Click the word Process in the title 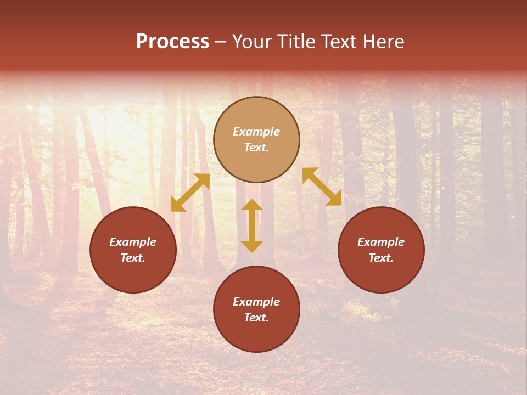(x=172, y=42)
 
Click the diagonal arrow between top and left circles (x=190, y=193)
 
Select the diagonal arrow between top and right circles (x=322, y=187)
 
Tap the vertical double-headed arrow (x=252, y=225)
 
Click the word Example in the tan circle (x=256, y=132)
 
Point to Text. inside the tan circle (x=256, y=148)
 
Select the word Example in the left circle (x=133, y=242)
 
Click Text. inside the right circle (x=381, y=258)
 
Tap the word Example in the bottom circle (x=256, y=302)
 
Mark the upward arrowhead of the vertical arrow (x=252, y=205)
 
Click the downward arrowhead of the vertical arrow (x=252, y=246)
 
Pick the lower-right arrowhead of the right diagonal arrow (x=334, y=199)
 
